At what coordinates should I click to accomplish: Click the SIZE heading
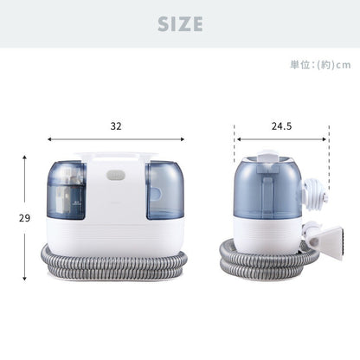[179, 24]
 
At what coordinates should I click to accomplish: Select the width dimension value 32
[116, 125]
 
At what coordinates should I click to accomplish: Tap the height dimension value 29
[12, 218]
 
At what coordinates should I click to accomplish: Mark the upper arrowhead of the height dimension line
[24, 159]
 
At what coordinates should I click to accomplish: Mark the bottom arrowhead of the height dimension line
[24, 279]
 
